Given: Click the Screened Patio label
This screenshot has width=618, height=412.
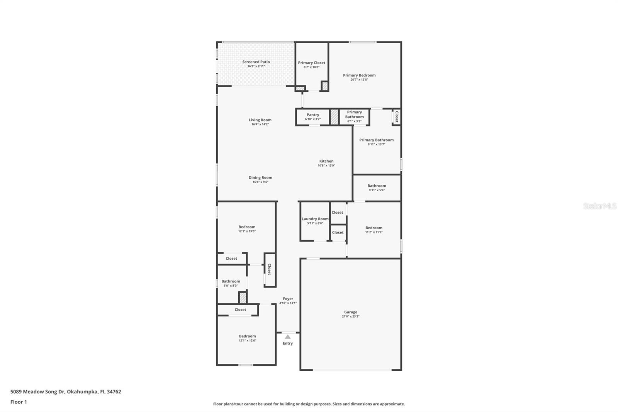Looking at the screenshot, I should coord(256,62).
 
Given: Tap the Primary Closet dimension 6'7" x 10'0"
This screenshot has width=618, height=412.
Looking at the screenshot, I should coord(311,67).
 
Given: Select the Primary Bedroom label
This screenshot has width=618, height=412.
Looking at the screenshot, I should coord(359,75).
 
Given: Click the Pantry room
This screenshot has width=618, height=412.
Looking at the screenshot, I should coord(313,117).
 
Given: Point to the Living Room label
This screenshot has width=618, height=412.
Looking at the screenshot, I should coord(260,120).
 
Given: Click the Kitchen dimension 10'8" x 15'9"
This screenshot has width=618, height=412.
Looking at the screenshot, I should coord(326,165).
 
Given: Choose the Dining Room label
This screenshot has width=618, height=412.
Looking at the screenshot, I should coord(260,178).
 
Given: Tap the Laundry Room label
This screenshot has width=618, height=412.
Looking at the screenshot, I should coord(315,219).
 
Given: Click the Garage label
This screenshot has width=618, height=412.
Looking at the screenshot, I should coord(351,312).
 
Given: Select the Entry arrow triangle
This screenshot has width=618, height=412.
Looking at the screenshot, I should coord(288,337).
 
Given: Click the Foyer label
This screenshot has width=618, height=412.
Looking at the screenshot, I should coord(288,299).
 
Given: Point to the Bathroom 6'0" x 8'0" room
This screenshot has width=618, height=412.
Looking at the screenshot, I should coord(231,283).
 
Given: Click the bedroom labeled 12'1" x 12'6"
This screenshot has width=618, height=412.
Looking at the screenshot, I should coord(247,338).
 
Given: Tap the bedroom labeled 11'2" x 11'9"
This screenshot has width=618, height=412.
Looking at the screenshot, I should coord(374,230).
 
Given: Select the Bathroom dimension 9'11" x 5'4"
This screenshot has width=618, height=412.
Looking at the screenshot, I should coord(377,190).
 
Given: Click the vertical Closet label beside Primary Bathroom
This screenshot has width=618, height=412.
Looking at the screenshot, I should coord(396,117).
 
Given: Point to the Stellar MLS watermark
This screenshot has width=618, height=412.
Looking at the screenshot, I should coord(599,206).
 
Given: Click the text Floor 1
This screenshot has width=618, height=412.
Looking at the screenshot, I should coord(19,402).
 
